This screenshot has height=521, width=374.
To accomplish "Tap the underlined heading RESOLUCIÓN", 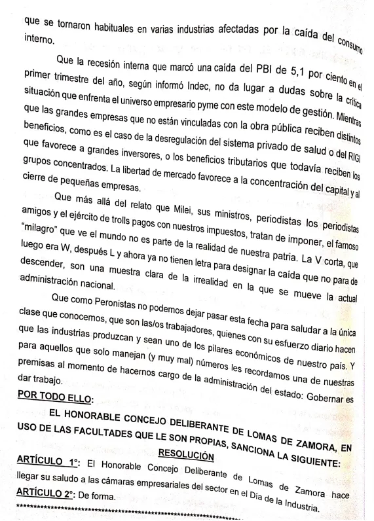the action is point(187,454).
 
